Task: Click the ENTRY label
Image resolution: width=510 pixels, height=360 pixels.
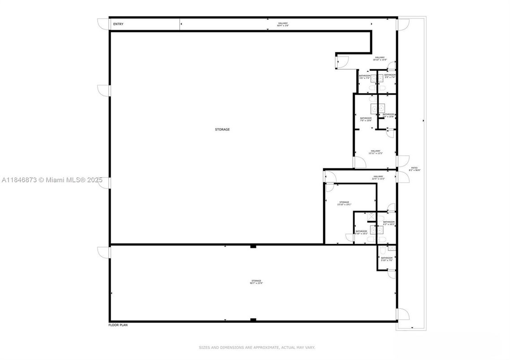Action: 118,24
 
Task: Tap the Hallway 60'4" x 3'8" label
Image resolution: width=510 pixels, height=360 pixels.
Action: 282,25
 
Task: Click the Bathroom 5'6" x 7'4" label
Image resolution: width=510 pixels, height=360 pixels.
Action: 365,77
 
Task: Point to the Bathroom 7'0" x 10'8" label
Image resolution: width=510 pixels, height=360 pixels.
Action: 366,120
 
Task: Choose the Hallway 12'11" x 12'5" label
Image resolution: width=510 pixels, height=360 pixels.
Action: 375,152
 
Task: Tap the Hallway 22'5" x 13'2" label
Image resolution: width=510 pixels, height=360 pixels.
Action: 379,177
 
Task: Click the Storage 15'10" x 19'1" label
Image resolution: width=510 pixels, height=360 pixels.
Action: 344,203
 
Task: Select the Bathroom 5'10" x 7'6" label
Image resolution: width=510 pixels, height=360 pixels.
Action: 387,259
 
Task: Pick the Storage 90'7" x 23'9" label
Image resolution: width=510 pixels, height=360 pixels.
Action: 256,282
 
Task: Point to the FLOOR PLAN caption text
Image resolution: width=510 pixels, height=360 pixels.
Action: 118,325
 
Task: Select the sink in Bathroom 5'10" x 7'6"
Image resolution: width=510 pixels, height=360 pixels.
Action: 392,248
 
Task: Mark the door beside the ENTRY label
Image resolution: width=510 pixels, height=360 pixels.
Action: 104,23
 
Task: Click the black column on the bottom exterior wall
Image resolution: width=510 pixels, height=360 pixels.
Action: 253,320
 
